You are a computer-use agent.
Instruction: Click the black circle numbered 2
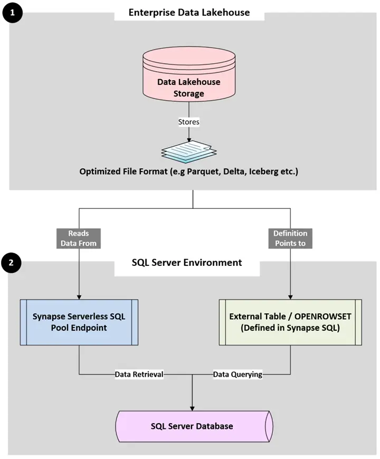(x=12, y=262)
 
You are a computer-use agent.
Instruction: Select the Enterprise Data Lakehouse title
(x=189, y=12)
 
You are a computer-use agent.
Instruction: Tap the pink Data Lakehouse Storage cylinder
(x=188, y=84)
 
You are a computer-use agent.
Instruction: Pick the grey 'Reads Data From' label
(x=79, y=238)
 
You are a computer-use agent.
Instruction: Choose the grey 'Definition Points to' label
(x=290, y=238)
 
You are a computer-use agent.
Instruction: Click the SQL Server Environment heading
(x=187, y=262)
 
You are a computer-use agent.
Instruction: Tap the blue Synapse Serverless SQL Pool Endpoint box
(x=79, y=322)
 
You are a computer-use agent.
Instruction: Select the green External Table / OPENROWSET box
(x=290, y=322)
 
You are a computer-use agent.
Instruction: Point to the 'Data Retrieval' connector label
(x=139, y=375)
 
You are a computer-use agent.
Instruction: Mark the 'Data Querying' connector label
(x=237, y=375)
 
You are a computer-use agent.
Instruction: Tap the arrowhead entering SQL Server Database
(x=192, y=407)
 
